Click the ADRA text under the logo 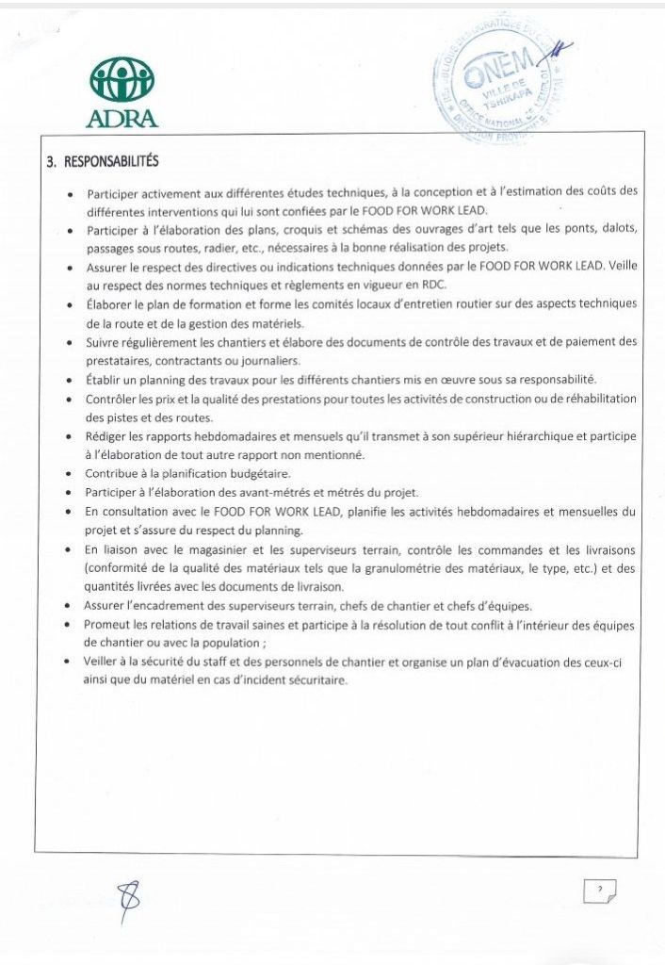pyautogui.click(x=122, y=120)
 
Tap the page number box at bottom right pyautogui.click(x=599, y=889)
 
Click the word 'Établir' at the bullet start pyautogui.click(x=105, y=380)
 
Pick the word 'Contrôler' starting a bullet pyautogui.click(x=112, y=399)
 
